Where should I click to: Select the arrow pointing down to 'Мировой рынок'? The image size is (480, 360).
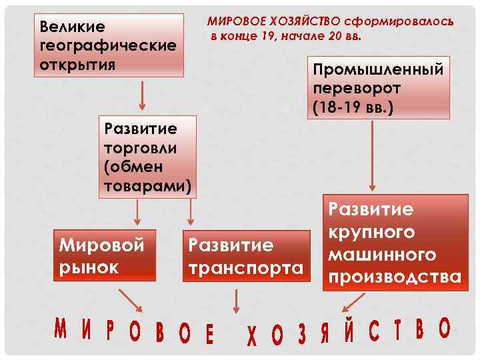tap(137, 213)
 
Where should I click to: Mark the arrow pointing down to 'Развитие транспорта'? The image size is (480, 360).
tap(191, 213)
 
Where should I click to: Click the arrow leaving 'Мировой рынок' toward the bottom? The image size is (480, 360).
tap(129, 299)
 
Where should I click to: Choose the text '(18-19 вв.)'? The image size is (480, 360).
tap(352, 106)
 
